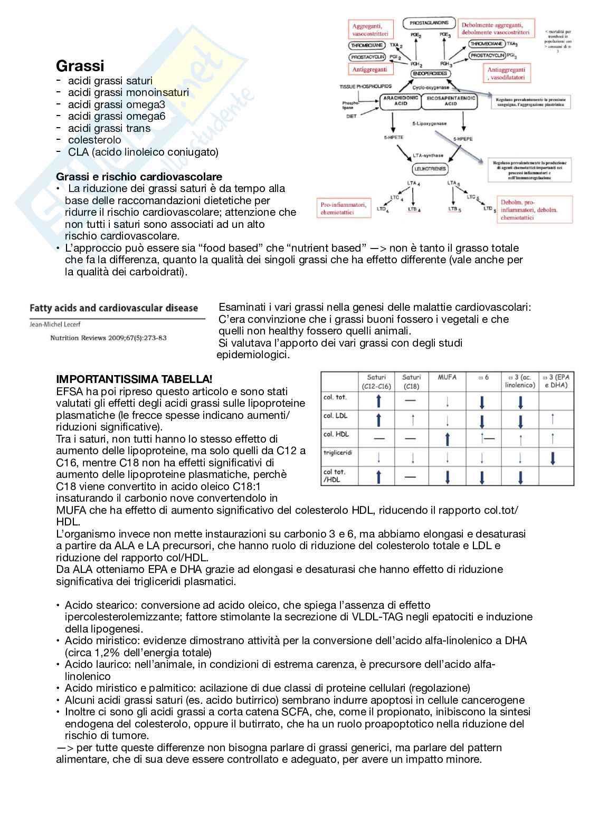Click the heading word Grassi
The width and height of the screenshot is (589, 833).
click(80, 66)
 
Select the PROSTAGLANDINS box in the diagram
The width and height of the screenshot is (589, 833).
click(429, 23)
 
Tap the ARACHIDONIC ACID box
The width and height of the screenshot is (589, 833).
click(400, 101)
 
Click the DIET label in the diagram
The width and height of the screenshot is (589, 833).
click(351, 117)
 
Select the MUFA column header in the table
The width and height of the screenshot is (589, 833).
click(447, 377)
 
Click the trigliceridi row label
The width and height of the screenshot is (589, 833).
click(337, 453)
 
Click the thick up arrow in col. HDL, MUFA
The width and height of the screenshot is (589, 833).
click(448, 439)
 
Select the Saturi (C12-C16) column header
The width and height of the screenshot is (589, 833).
click(376, 381)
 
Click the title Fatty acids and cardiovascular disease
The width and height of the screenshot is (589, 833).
click(113, 308)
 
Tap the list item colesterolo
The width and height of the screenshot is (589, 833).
click(94, 140)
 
